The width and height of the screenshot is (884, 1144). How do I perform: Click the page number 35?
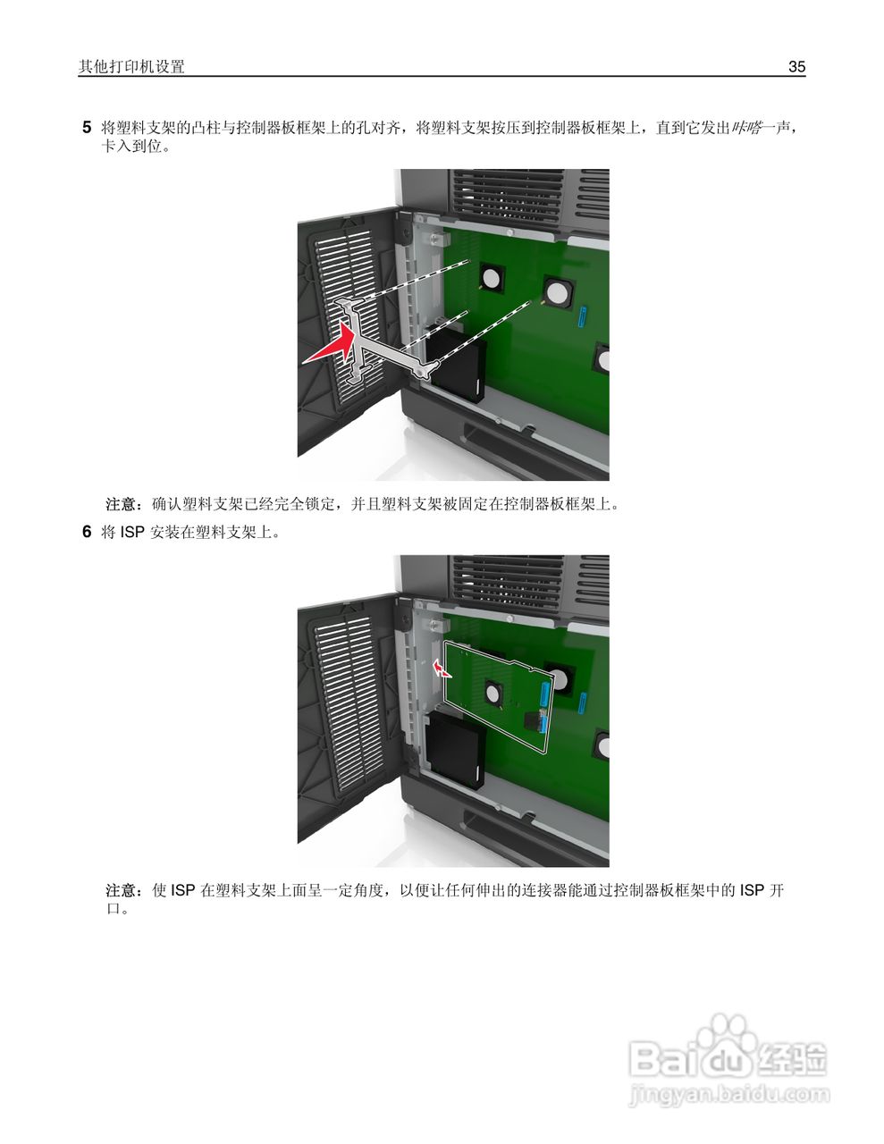(796, 67)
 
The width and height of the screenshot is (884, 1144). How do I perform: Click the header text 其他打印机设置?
(131, 67)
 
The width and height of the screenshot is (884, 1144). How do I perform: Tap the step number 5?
(87, 127)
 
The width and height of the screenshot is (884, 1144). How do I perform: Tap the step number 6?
(87, 533)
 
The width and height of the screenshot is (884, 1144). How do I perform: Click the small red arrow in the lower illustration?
(440, 669)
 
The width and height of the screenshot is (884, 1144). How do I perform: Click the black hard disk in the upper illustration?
(457, 367)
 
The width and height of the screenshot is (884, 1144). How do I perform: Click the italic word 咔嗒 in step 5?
(745, 128)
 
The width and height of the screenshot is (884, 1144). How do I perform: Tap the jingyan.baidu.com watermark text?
(728, 1093)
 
